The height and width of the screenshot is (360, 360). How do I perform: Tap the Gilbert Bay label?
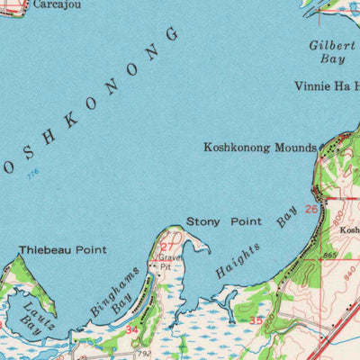pyautogui.click(x=328, y=51)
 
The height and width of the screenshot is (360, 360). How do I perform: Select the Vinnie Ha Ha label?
pyautogui.click(x=326, y=87)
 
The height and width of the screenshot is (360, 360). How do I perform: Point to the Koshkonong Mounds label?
pyautogui.click(x=260, y=148)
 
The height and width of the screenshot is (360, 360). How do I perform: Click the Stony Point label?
pyautogui.click(x=224, y=221)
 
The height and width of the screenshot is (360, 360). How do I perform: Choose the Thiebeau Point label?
pyautogui.click(x=62, y=249)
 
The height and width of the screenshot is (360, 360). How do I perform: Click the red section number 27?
pyautogui.click(x=167, y=247)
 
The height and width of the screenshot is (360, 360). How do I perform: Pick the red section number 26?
pyautogui.click(x=310, y=210)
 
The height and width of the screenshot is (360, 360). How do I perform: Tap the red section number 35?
pyautogui.click(x=256, y=320)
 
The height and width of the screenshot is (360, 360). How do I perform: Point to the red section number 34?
pyautogui.click(x=132, y=330)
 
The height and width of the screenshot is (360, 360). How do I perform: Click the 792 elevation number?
pyautogui.click(x=145, y=354)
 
